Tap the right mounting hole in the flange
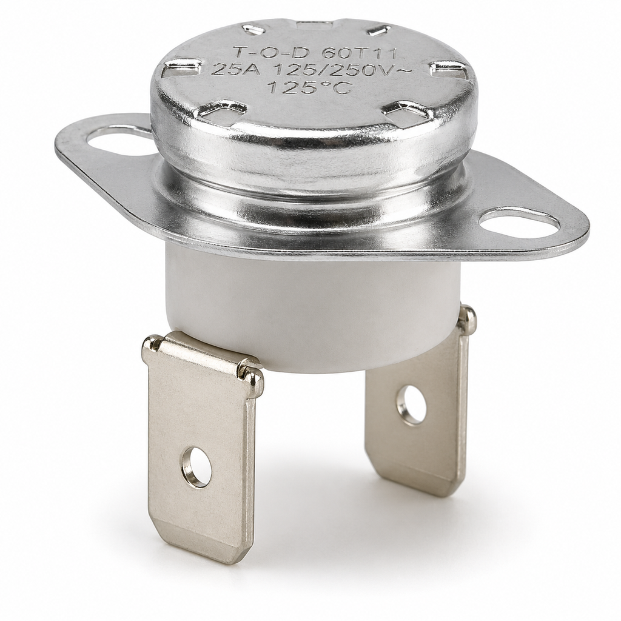click(x=519, y=223)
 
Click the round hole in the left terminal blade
click(x=196, y=467)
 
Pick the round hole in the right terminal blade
click(x=411, y=405)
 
